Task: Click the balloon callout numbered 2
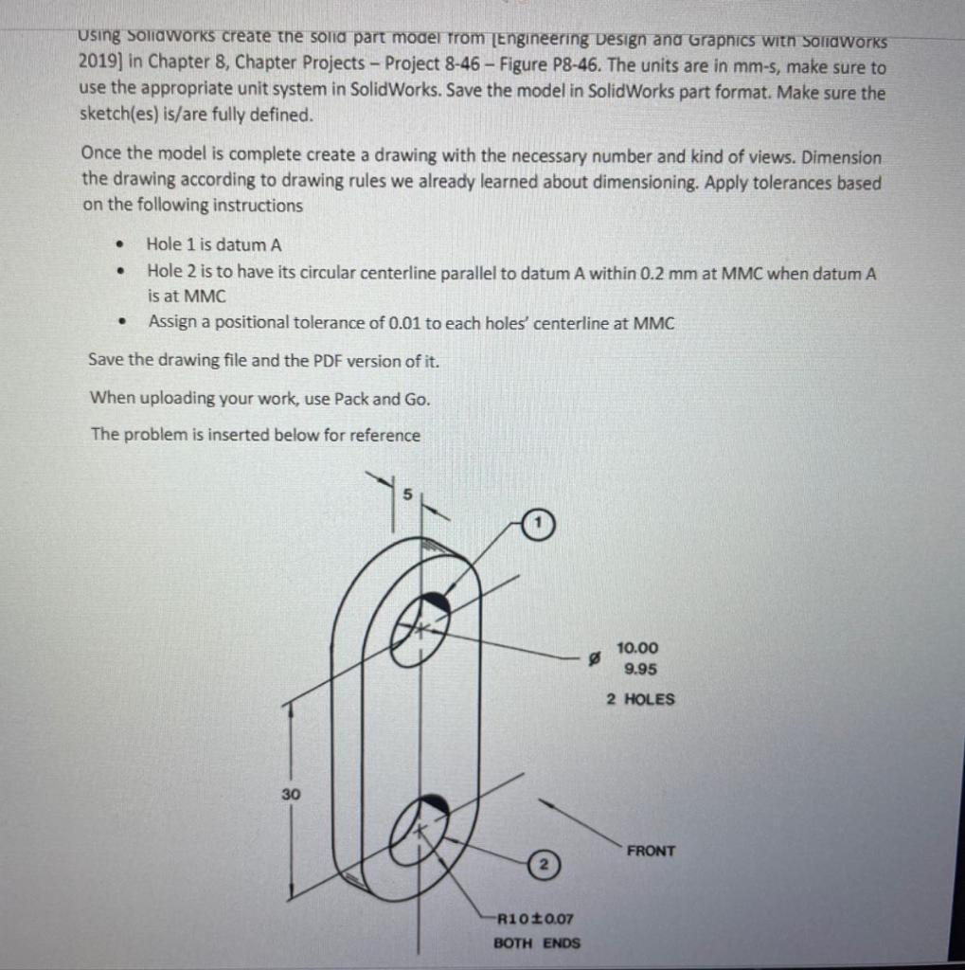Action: pos(544,865)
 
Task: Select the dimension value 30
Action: pos(291,794)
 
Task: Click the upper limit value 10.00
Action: pos(636,648)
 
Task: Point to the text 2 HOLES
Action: pos(640,700)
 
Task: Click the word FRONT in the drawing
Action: pos(651,851)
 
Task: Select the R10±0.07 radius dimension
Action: pos(535,918)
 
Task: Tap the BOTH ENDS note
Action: pos(537,943)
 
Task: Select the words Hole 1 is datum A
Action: pos(214,244)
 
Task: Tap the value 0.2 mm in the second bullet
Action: pos(640,273)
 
